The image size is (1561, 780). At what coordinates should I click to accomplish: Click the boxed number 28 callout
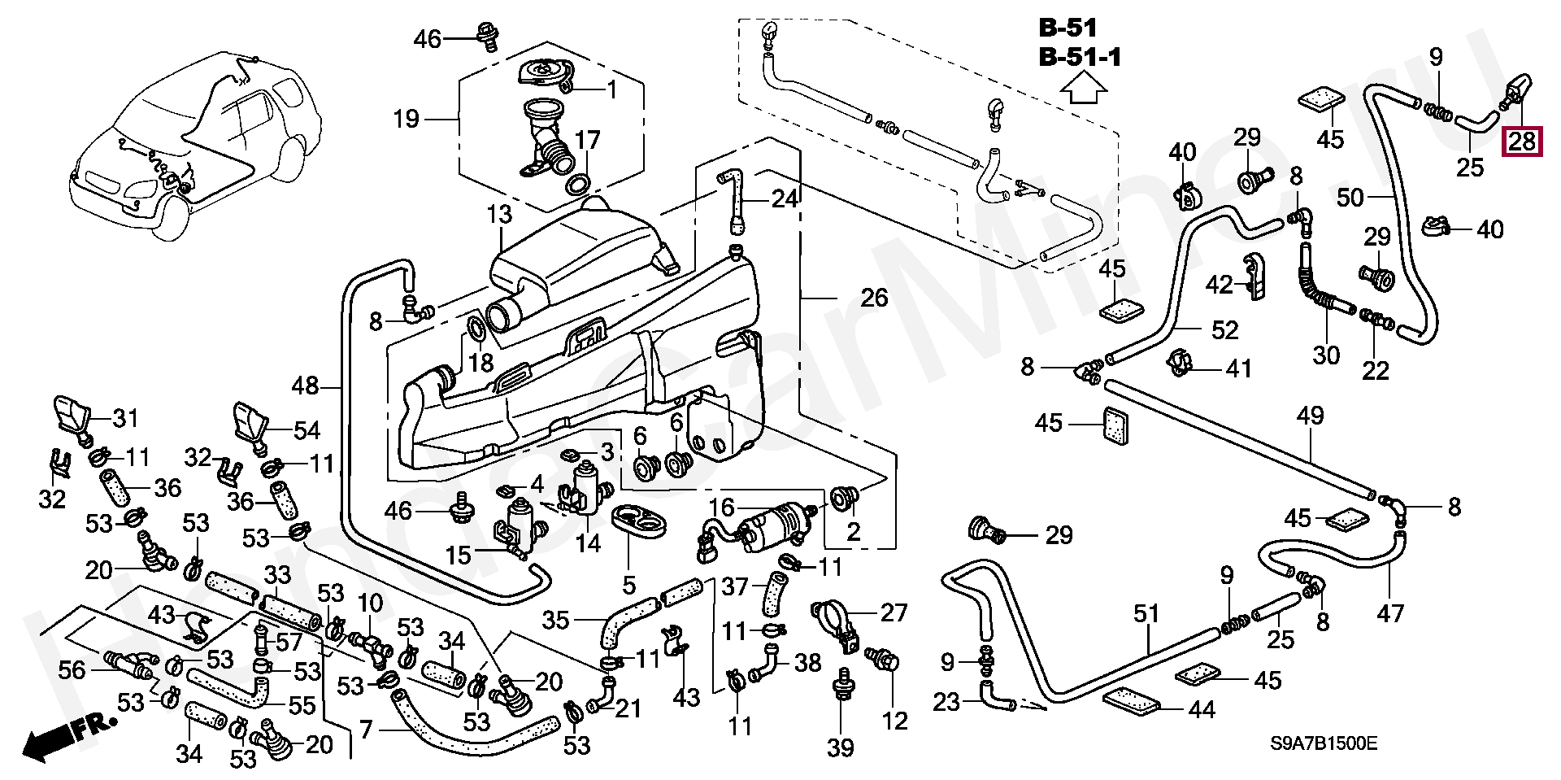point(1522,142)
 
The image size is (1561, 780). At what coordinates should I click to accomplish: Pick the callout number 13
point(500,215)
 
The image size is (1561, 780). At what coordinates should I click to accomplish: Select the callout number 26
point(874,298)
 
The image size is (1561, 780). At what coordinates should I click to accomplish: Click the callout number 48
point(306,386)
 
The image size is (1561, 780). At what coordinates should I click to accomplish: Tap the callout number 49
point(1310,416)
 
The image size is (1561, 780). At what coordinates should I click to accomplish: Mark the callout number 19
point(406,120)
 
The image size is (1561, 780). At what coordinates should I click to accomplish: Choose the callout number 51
point(1146,613)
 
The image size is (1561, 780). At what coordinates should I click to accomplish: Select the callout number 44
point(1202,710)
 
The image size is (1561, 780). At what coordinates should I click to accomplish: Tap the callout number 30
point(1326,355)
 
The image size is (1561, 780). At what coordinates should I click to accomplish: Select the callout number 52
point(1224,330)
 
